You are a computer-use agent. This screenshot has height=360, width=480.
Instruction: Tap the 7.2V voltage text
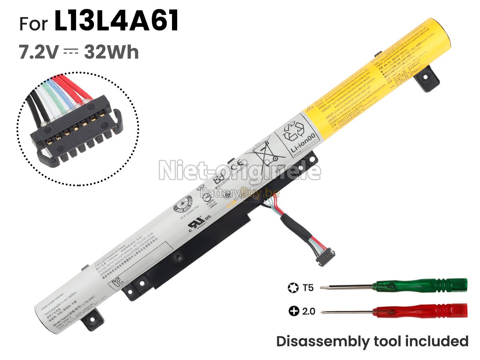[39, 52]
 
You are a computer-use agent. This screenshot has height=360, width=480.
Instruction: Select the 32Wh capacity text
[111, 52]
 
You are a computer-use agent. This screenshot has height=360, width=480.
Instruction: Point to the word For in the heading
[34, 24]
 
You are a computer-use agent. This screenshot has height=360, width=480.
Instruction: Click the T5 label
[308, 287]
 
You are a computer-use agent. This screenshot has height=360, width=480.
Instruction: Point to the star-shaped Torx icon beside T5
[293, 287]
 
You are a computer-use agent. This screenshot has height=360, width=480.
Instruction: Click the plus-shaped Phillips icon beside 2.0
[293, 311]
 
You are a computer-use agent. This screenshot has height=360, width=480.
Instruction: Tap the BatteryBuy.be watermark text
[240, 194]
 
